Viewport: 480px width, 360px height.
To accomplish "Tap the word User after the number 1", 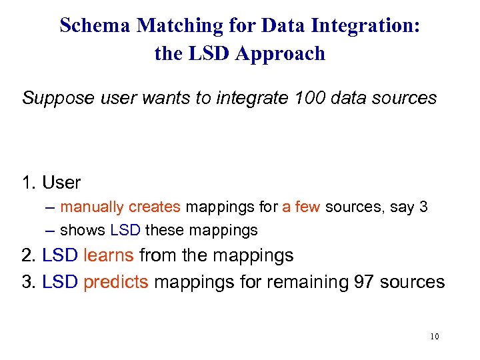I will click(61, 183).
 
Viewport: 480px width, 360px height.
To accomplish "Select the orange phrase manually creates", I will click(120, 207).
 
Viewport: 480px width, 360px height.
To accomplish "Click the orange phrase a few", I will click(301, 207).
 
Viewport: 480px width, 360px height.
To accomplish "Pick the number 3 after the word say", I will click(423, 207).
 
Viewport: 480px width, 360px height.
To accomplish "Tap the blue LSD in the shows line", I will click(125, 231).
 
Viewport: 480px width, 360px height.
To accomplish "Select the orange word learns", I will click(111, 255).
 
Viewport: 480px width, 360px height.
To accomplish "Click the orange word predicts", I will click(116, 282).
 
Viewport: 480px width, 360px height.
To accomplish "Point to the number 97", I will click(362, 282).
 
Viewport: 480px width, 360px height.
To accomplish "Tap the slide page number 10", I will click(434, 337).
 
